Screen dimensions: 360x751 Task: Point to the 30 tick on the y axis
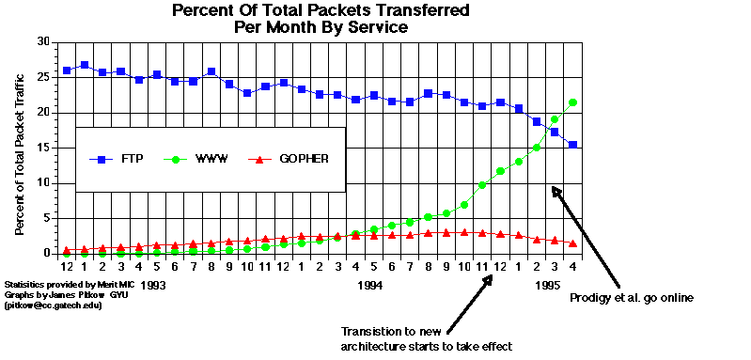42,42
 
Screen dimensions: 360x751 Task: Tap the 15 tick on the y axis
42,148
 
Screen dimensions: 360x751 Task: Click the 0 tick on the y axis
45,253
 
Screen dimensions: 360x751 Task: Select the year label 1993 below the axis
153,284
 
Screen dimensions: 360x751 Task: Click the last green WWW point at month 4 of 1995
572,102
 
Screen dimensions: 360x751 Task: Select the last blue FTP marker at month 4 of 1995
572,145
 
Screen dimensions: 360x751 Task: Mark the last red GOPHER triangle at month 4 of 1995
572,243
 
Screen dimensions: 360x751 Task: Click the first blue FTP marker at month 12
67,70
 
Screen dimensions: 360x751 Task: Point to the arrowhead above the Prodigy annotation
555,191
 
